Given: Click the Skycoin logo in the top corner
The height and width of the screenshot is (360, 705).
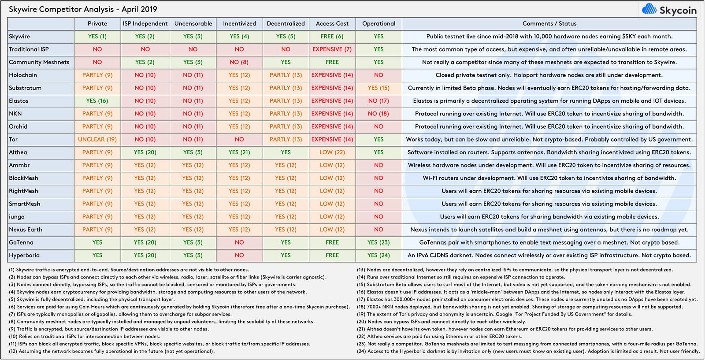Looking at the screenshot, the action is [669, 10].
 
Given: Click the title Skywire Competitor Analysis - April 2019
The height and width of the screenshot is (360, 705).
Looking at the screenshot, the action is [83, 9].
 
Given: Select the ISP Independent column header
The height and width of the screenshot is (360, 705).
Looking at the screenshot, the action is [145, 24].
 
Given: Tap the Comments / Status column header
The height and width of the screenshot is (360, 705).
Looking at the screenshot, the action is [549, 24].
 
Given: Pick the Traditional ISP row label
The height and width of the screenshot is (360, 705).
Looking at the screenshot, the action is [29, 49].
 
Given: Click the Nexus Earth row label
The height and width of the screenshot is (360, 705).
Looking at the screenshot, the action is [26, 230].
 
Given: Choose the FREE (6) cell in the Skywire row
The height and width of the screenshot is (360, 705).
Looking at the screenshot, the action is [332, 37].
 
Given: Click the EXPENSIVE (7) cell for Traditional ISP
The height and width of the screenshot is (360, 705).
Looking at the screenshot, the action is [332, 49].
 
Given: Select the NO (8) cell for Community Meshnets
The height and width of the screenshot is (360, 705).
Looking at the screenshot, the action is [239, 62].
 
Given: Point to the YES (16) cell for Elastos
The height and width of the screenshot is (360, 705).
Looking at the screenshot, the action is [97, 101].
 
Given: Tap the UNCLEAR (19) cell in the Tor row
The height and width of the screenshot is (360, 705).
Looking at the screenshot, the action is [97, 139].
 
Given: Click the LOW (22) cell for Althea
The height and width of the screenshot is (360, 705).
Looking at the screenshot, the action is [332, 152].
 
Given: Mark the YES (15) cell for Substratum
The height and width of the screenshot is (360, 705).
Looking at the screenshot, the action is [378, 88].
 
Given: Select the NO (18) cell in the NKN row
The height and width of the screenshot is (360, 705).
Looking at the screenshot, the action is [378, 114].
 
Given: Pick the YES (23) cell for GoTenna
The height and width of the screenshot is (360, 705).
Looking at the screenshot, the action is [378, 243].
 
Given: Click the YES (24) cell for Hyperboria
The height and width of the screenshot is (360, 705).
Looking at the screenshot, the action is [378, 256].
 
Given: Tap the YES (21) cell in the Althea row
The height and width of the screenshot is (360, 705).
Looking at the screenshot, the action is [239, 152].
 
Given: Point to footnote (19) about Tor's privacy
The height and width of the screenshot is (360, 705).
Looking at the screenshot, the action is [494, 314].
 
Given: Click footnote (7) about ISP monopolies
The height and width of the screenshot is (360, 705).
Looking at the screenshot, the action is [120, 314].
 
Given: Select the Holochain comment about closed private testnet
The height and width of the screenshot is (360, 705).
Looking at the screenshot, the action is [549, 75].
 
